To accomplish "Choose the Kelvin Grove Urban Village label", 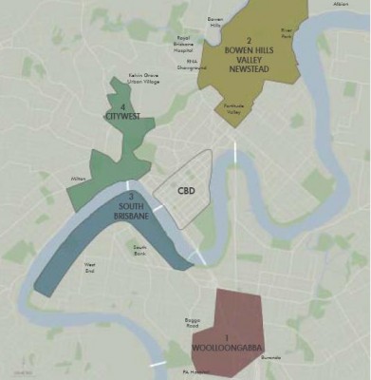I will pos(144,81).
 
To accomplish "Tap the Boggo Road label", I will pos(199,326).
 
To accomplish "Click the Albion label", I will pos(340,5).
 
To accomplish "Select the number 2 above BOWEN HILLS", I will pos(249,40).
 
